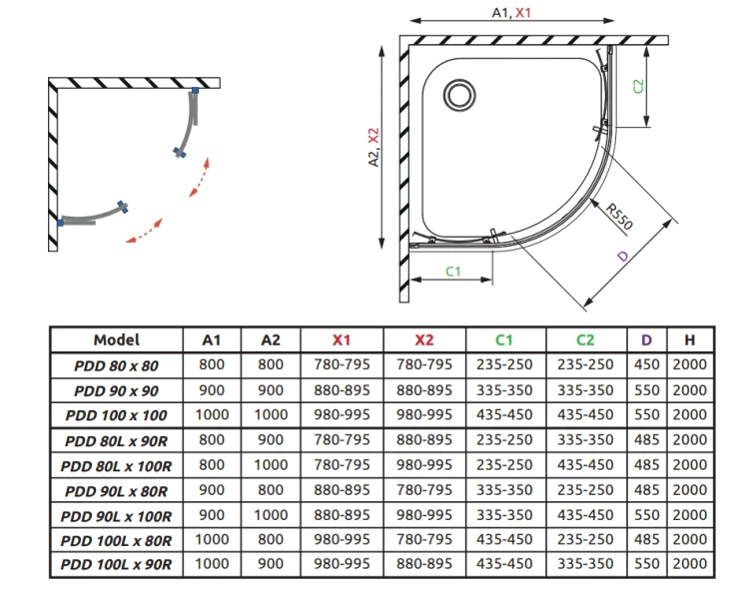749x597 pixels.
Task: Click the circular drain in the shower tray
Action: [x=459, y=95]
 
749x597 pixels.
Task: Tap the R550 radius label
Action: [x=619, y=216]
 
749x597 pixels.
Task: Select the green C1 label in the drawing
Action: [x=452, y=272]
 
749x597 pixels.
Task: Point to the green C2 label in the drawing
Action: [x=638, y=86]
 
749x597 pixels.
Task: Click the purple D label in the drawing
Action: [x=623, y=256]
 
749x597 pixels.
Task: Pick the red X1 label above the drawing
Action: [x=523, y=12]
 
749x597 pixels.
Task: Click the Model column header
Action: [x=117, y=339]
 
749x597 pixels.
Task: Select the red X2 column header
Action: [x=424, y=339]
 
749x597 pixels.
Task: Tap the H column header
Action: [x=689, y=339]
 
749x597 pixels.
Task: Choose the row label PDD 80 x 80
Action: [x=116, y=365]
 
